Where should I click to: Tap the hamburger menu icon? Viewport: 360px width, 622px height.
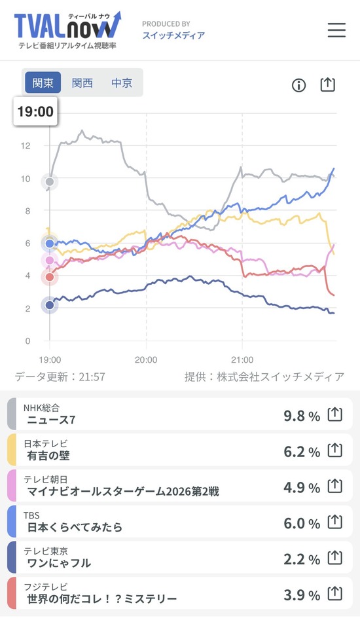[x=336, y=29]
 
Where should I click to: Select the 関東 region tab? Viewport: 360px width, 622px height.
[x=43, y=82]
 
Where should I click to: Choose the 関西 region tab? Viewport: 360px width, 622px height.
[x=82, y=82]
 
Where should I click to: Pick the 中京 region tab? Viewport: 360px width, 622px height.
[x=122, y=82]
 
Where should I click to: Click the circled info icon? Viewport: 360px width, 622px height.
[x=298, y=85]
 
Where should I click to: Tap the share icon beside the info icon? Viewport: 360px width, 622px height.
[x=327, y=84]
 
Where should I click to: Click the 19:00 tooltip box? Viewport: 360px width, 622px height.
[x=35, y=111]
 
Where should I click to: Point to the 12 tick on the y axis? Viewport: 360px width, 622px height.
[x=26, y=145]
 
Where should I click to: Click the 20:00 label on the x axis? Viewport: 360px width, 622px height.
[x=146, y=360]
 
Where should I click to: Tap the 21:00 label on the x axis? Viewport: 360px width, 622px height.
[x=242, y=360]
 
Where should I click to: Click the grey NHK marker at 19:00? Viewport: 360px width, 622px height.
[x=50, y=181]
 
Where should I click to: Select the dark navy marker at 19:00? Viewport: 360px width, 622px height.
[x=50, y=305]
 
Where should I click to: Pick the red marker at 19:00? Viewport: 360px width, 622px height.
[x=50, y=277]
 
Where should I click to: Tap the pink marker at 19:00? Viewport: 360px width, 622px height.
[x=50, y=260]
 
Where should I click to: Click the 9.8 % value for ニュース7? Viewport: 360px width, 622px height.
[x=302, y=416]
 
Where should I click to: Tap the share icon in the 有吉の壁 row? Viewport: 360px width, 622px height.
[x=334, y=450]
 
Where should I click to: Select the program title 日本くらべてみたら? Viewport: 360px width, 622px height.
[x=75, y=527]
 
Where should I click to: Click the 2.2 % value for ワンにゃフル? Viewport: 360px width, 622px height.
[x=302, y=559]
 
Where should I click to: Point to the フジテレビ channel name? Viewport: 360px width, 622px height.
[x=46, y=587]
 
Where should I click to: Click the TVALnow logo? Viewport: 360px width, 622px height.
[x=67, y=29]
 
